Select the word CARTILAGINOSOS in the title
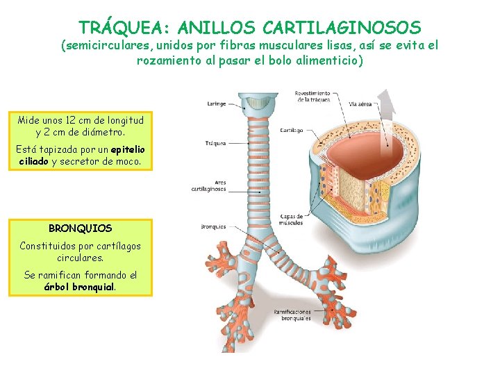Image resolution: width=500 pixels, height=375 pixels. [343, 28]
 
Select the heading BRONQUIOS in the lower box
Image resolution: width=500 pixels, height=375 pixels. [80, 228]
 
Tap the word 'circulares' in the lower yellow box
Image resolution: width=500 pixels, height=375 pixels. [80, 257]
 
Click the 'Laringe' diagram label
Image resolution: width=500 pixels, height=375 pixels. [216, 104]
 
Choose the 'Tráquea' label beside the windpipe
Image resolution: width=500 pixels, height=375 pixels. [215, 144]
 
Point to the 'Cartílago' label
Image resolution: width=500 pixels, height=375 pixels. [291, 130]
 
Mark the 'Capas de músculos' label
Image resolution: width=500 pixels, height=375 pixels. [292, 220]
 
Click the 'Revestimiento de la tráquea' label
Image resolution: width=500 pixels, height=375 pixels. [312, 96]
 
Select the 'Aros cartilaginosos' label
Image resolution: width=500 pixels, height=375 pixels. [209, 186]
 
